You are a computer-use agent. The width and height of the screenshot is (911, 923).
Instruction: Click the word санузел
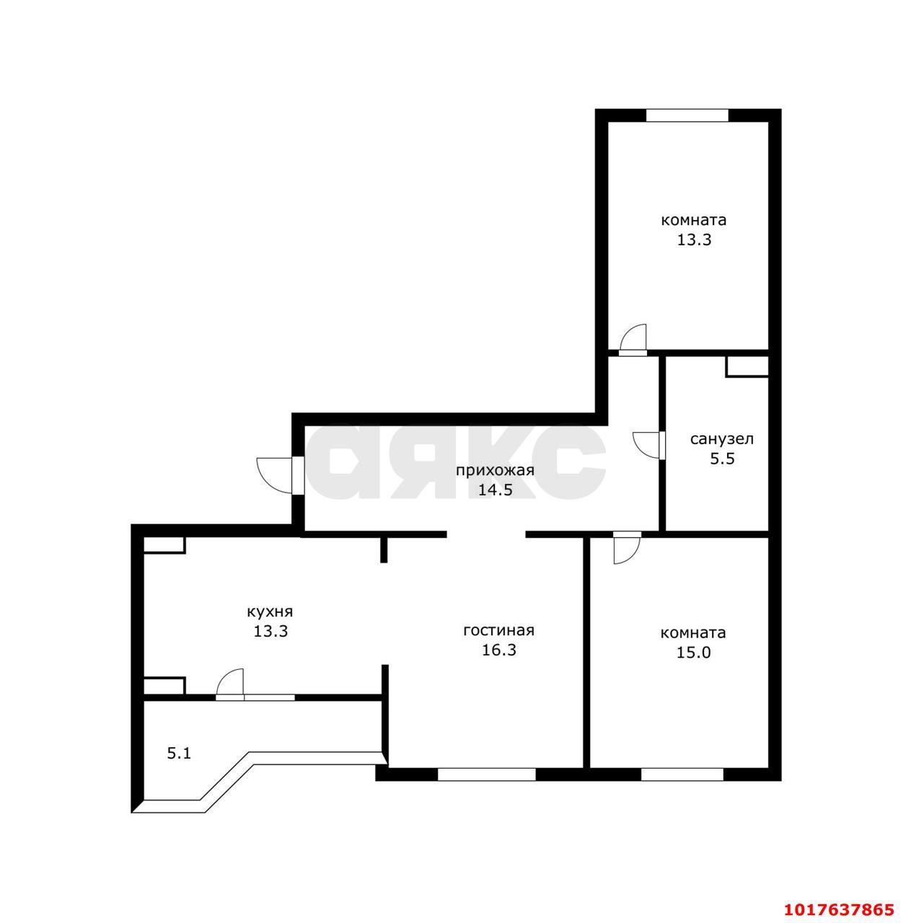point(722,439)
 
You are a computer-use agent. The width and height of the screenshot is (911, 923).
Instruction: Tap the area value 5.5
point(722,459)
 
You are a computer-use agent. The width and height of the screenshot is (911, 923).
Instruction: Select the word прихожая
point(495,471)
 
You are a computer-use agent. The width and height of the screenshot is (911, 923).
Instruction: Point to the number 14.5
point(496,490)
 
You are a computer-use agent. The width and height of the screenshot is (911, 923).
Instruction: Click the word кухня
point(270,611)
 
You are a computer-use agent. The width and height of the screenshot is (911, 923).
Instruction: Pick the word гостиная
point(499,630)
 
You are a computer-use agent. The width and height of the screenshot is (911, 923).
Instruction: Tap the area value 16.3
point(499,650)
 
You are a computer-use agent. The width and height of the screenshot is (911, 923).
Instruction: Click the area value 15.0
point(693,653)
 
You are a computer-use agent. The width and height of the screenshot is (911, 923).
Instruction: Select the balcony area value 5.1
point(179,754)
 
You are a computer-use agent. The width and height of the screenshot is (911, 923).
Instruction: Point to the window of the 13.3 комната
point(687,115)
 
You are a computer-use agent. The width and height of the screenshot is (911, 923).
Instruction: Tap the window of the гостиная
point(486,774)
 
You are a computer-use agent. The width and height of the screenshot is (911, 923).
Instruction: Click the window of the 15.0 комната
point(682,774)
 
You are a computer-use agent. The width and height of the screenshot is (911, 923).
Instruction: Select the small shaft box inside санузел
point(747,366)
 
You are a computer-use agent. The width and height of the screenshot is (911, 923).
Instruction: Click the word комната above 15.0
point(693,632)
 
